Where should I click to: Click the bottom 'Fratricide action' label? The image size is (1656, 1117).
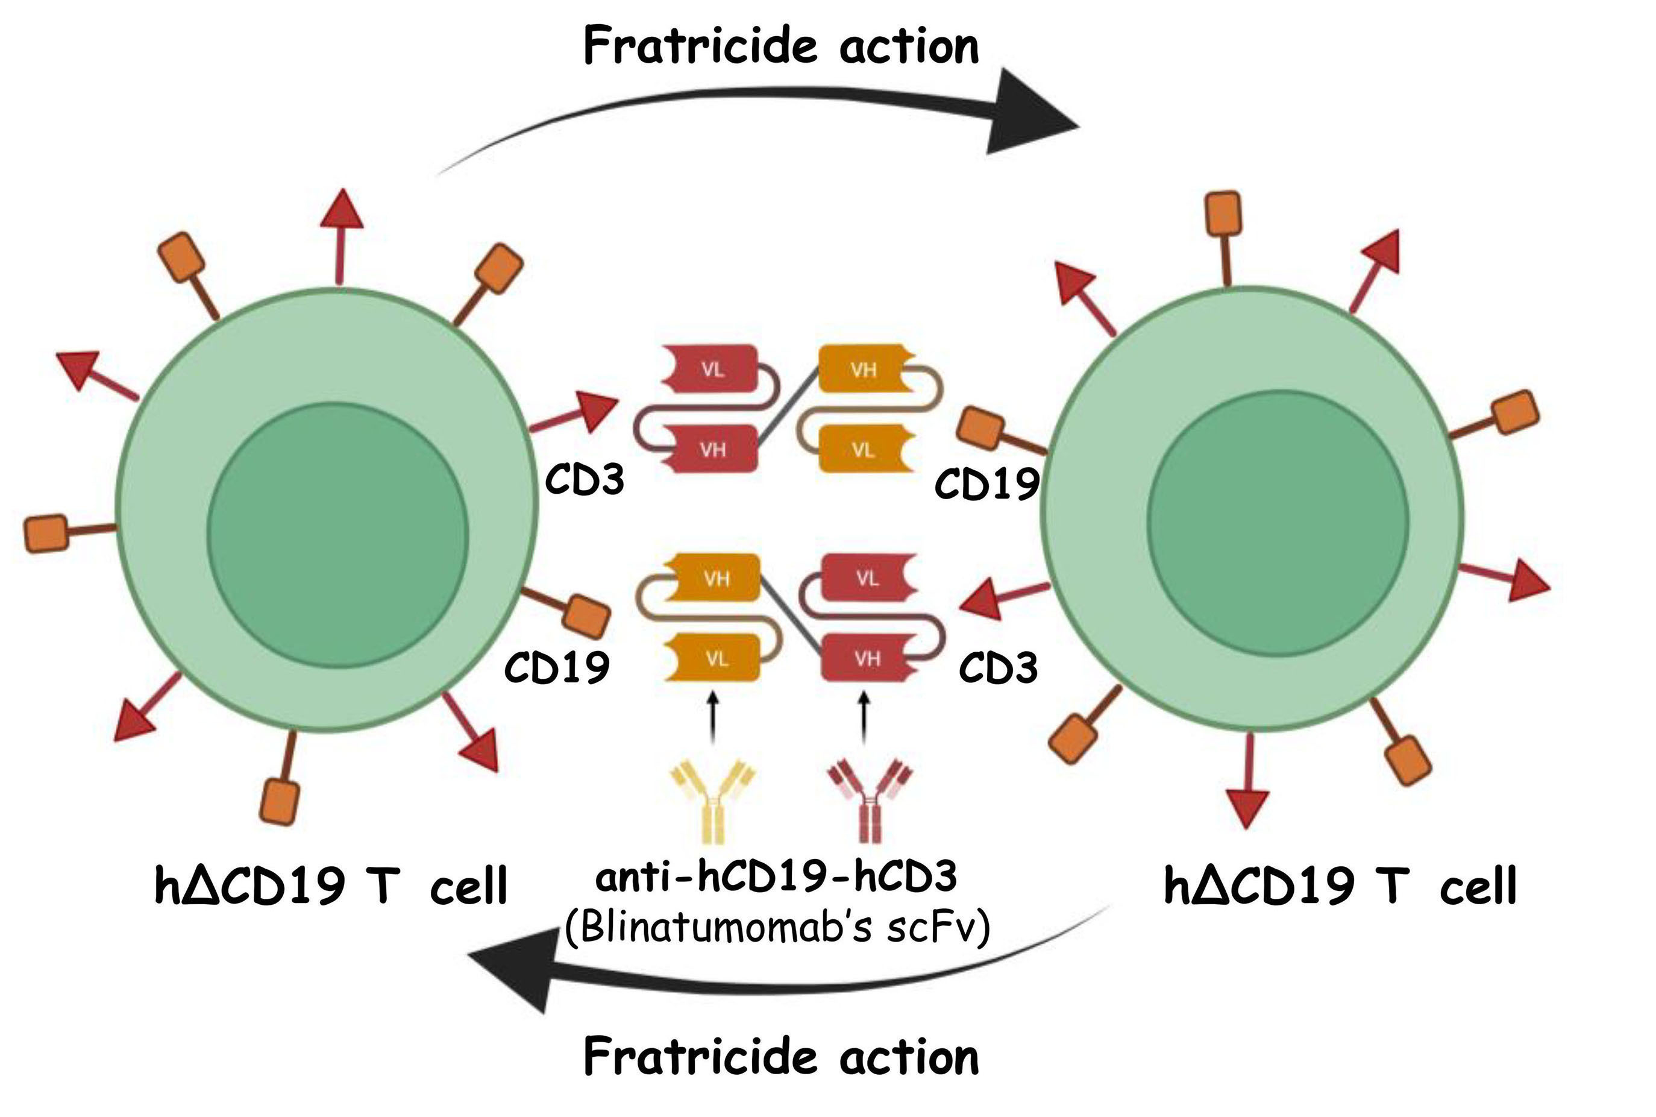pyautogui.click(x=780, y=1057)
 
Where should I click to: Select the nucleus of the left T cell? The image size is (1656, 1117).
pyautogui.click(x=337, y=535)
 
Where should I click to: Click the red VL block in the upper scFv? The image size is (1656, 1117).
pyautogui.click(x=712, y=369)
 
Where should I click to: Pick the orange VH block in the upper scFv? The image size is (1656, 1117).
pyautogui.click(x=863, y=369)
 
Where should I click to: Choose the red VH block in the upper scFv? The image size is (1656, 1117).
pyautogui.click(x=712, y=450)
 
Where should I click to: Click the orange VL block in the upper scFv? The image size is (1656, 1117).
pyautogui.click(x=863, y=450)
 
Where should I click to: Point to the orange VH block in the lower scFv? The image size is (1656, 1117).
pyautogui.click(x=717, y=579)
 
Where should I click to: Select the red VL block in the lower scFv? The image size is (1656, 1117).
pyautogui.click(x=867, y=579)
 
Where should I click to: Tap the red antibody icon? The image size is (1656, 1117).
pyautogui.click(x=868, y=801)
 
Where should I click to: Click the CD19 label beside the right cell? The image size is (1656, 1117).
pyautogui.click(x=986, y=485)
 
